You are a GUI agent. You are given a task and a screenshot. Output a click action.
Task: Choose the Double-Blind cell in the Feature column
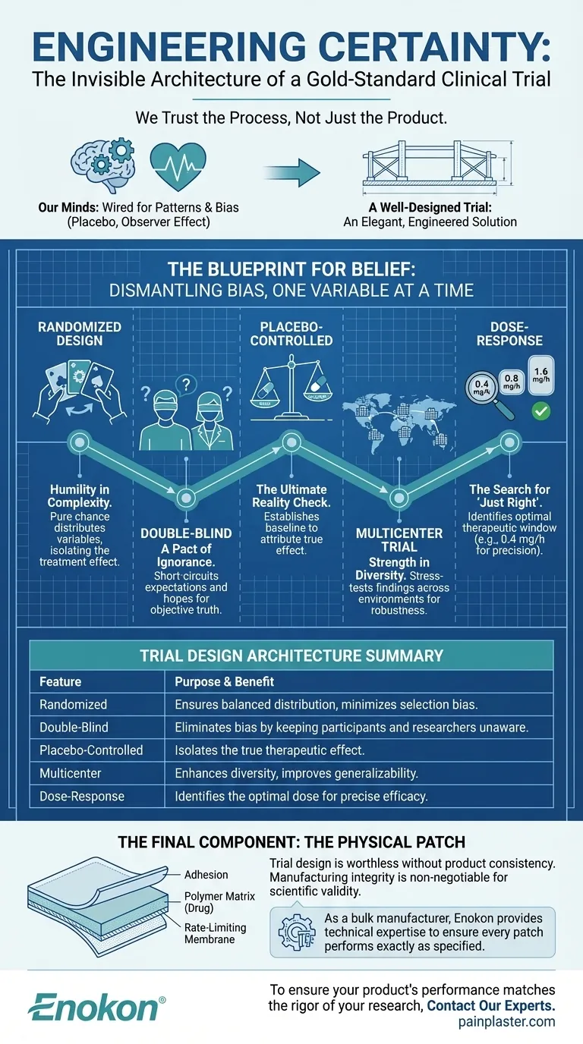pos(74,727)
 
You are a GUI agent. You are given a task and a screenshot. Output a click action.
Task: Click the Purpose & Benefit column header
pos(225,681)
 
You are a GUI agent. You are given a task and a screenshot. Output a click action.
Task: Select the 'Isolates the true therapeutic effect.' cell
pos(268,750)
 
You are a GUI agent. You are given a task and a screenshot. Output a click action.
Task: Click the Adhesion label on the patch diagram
pos(206,875)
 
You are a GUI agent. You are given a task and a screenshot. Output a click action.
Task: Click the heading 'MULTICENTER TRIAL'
pos(399,539)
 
